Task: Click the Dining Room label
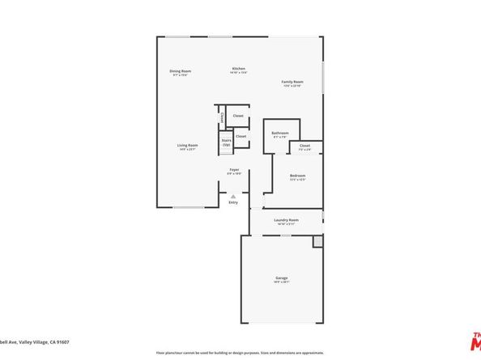tap(180, 71)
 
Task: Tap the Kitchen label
tap(239, 68)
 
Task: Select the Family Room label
tap(292, 82)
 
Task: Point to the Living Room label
tap(188, 146)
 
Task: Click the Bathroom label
tap(280, 133)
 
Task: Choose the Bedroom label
tap(298, 176)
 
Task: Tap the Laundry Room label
tap(287, 219)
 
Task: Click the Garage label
tap(281, 278)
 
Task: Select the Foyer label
tap(234, 169)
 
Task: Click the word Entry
tap(233, 202)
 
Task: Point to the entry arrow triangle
tap(233, 196)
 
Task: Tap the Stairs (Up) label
tap(226, 142)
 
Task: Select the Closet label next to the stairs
tap(241, 136)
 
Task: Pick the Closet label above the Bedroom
tap(304, 146)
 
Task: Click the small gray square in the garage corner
tap(317, 241)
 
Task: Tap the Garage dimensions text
tap(281, 282)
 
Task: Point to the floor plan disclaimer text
tap(240, 353)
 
